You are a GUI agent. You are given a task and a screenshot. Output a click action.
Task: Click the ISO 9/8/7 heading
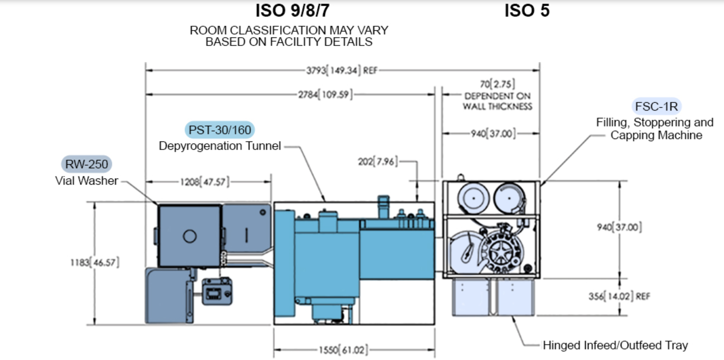coord(291,10)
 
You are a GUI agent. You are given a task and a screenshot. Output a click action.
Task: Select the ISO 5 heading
coord(527,10)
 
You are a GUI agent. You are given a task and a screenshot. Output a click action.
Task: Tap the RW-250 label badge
coord(86,164)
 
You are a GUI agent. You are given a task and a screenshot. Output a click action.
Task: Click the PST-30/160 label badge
coord(219,129)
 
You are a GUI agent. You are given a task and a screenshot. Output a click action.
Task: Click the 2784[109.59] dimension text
coord(325,95)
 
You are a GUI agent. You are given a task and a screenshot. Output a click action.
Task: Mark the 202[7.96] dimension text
coord(378,162)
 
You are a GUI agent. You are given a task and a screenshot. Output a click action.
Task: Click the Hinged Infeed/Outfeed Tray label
coord(615,345)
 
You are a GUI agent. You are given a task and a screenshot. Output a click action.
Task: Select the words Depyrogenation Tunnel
coord(220,146)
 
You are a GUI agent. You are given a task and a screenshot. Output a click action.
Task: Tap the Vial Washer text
coord(86,180)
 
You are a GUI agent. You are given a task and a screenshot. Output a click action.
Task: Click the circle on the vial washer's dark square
coord(189,236)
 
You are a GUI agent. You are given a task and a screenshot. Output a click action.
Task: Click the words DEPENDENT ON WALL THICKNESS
coord(497,101)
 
